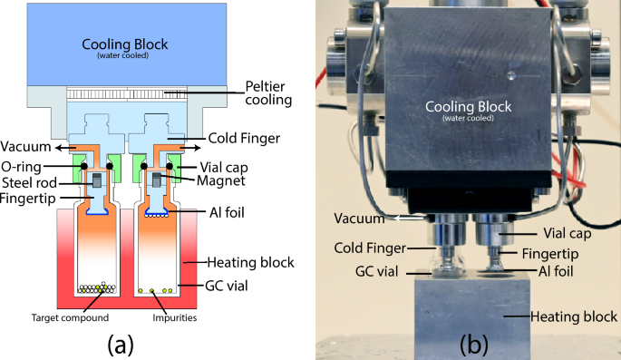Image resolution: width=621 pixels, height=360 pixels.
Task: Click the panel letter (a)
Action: click(121, 344)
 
